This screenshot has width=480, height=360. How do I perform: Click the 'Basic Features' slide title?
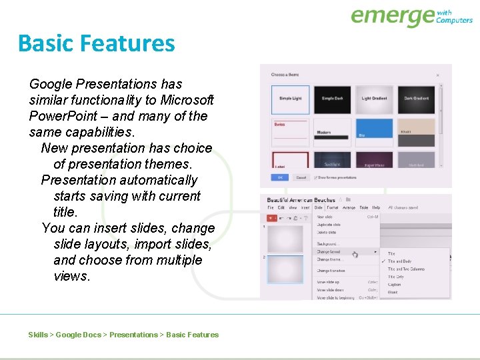(96, 43)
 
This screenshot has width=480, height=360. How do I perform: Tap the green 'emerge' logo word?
(392, 16)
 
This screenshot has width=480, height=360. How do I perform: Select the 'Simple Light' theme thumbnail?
(290, 99)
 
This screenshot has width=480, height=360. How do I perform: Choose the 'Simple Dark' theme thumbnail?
(332, 99)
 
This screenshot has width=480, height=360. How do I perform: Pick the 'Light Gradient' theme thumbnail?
(375, 99)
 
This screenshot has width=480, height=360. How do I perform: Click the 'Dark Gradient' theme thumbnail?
(417, 99)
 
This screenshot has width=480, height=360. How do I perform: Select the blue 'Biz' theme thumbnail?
(375, 132)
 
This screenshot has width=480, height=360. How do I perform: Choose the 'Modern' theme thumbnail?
(332, 132)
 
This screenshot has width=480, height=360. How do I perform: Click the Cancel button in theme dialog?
(301, 177)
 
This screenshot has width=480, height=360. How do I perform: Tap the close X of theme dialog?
(437, 75)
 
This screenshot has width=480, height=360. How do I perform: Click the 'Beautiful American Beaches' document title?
(301, 199)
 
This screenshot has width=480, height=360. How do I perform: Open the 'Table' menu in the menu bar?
(363, 208)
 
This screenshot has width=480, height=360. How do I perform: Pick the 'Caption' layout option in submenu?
(395, 285)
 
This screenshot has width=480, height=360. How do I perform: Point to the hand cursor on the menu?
(355, 254)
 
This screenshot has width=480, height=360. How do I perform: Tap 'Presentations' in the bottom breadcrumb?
(133, 335)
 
